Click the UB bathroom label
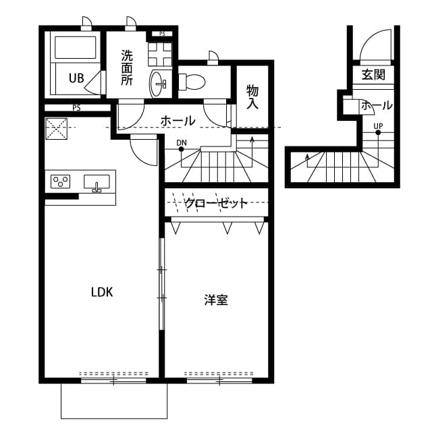pos(76,78)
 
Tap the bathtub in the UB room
pos(76,49)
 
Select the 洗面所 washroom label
pos(127,67)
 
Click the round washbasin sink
pos(161,83)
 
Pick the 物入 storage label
pos(253,97)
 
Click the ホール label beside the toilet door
pos(178,121)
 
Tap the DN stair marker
pos(181,142)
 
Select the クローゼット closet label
pos(215,203)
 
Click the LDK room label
pos(102,292)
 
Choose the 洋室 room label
pos(216,300)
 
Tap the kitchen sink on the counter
pos(97,182)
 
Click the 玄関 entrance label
pos(373,75)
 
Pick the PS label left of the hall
pos(76,107)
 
